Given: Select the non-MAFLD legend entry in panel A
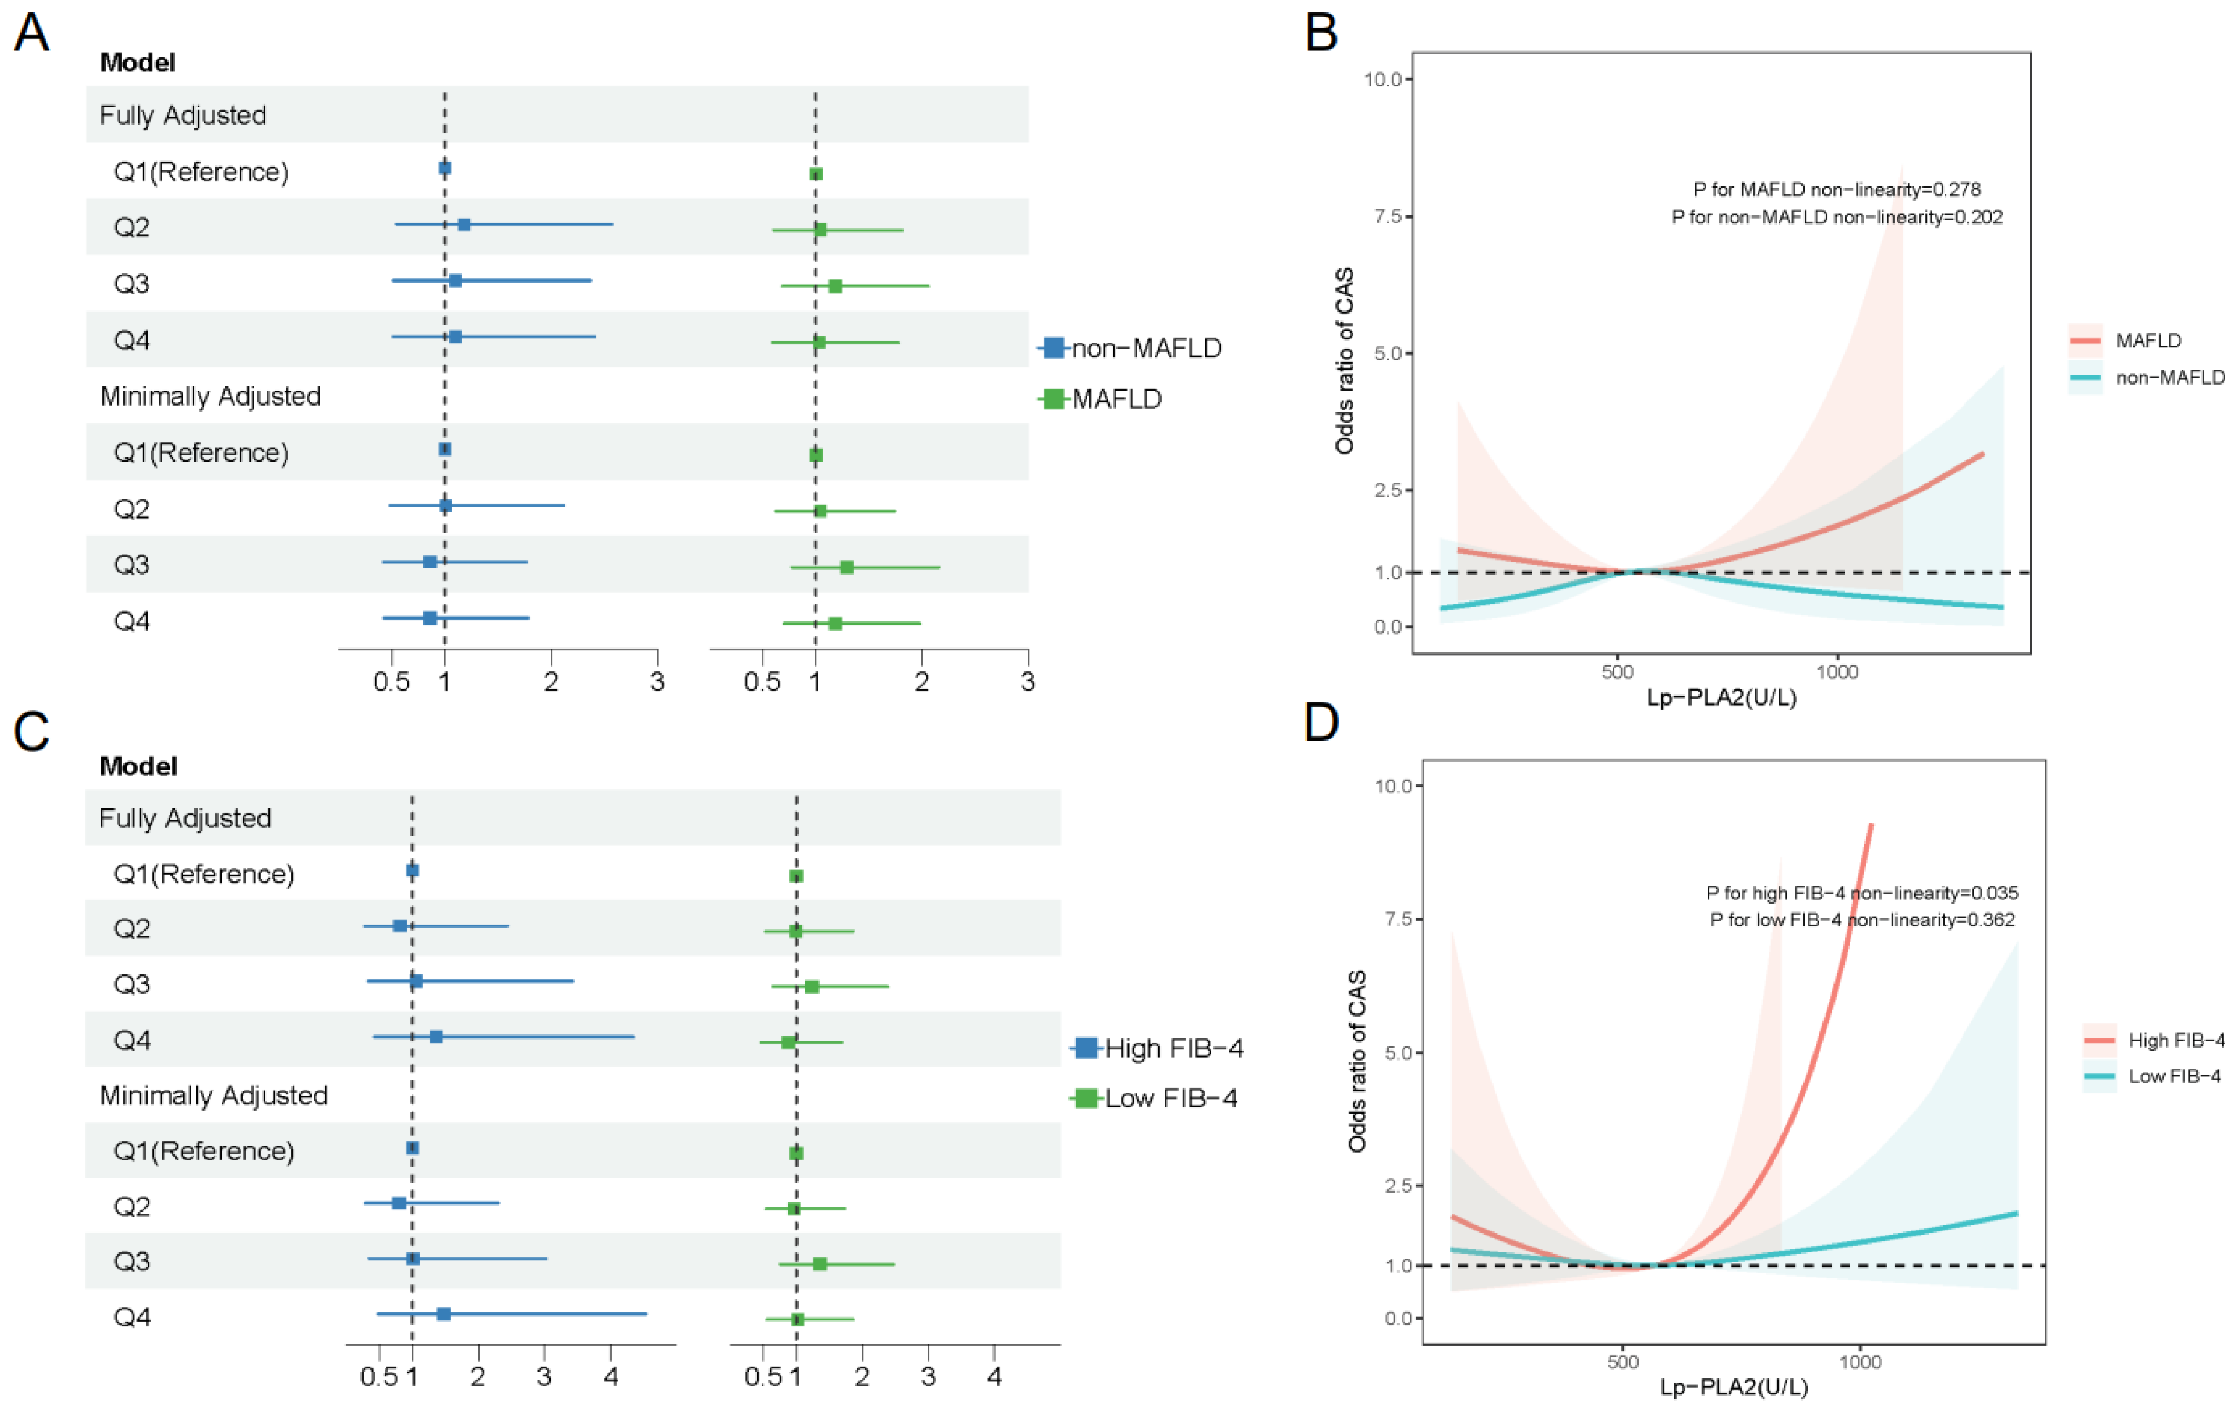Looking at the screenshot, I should [x=1130, y=348].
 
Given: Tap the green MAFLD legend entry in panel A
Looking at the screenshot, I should [x=1101, y=399].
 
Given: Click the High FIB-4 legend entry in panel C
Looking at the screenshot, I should [x=1157, y=1048].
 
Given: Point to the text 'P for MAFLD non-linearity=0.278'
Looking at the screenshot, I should [x=1837, y=190].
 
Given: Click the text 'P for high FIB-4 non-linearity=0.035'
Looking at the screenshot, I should [x=1862, y=893].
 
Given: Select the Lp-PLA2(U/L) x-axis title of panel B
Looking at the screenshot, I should [x=1721, y=697].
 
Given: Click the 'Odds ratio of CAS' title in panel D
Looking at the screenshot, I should [x=1357, y=1061].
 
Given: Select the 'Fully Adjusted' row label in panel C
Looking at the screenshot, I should [x=185, y=818].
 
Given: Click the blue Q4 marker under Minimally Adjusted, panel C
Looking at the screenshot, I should [x=443, y=1313].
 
